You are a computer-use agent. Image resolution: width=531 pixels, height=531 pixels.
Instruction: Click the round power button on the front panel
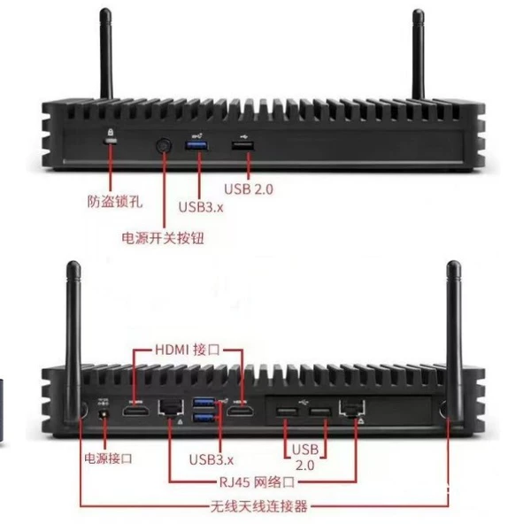(x=164, y=146)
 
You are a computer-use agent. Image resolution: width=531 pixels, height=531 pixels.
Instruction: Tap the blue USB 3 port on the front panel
(x=196, y=146)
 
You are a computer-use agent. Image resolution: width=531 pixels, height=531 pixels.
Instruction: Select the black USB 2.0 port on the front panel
(x=242, y=146)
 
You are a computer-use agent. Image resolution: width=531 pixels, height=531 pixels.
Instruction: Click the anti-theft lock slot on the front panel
(x=111, y=141)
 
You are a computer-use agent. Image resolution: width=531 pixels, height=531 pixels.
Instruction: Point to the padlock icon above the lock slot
(x=111, y=131)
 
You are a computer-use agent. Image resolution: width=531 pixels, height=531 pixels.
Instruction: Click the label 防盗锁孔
(x=115, y=202)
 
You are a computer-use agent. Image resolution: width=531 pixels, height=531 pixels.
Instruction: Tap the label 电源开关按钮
(x=163, y=238)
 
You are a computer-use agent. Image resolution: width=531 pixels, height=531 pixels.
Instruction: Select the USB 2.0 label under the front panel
(x=248, y=189)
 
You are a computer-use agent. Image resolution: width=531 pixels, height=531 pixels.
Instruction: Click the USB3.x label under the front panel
(x=201, y=207)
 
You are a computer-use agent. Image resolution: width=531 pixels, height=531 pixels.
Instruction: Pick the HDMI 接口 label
(x=188, y=350)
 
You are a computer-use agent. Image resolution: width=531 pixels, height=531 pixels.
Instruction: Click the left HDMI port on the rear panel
(x=135, y=412)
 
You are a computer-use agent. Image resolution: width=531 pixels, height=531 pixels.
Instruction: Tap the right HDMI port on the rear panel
(x=241, y=412)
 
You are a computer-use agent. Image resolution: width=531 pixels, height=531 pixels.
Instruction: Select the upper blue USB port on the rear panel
(x=204, y=403)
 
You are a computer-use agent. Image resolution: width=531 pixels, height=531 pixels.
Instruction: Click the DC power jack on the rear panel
(x=104, y=414)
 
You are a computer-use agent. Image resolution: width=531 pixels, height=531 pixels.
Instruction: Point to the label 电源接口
(x=108, y=458)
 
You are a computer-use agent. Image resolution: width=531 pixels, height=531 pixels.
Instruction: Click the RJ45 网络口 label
(x=258, y=482)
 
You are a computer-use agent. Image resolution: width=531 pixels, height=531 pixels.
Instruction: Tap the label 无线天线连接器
(x=258, y=506)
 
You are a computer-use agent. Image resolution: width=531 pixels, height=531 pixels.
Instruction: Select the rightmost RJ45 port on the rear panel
(x=352, y=408)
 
